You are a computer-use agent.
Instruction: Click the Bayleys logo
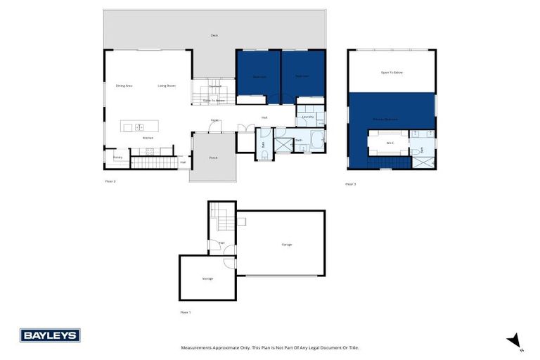pos(50,335)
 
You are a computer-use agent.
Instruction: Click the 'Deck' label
pos(214,35)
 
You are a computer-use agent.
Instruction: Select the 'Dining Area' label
pos(124,86)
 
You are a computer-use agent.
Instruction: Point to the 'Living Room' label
pos(167,86)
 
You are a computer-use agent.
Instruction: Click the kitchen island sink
pos(139,127)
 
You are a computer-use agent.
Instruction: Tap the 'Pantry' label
pos(117,157)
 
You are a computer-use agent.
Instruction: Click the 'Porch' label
pos(213,157)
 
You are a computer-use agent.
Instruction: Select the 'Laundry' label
pos(308,117)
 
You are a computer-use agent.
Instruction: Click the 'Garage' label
pos(287,244)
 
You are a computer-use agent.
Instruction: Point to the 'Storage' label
pos(207,278)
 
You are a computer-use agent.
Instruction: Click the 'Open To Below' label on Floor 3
pos(392,72)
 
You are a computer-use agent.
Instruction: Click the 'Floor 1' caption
pos(185,311)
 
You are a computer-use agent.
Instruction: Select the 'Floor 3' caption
pos(350,184)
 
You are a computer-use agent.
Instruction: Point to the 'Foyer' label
pos(214,120)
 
